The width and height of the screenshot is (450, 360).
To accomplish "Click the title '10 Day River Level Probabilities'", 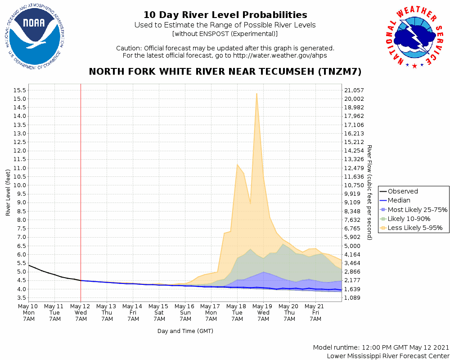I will point(225,15).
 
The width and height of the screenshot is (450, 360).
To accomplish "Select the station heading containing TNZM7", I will point(225,72).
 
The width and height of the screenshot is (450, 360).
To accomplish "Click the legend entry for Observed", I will point(403,191).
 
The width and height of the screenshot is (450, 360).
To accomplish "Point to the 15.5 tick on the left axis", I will point(19,90).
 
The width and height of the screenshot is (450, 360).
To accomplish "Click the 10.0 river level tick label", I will point(19,185).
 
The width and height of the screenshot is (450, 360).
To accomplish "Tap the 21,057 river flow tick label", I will point(354,90).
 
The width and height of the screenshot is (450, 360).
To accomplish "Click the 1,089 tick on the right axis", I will point(353,298).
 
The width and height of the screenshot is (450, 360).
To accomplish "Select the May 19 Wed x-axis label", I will point(263,312).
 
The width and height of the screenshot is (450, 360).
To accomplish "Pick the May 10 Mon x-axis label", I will point(29,312).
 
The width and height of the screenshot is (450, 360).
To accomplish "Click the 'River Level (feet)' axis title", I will point(8,193).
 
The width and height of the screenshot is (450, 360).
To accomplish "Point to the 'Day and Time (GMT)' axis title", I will point(185,331).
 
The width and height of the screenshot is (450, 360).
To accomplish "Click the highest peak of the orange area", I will point(256,94).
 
